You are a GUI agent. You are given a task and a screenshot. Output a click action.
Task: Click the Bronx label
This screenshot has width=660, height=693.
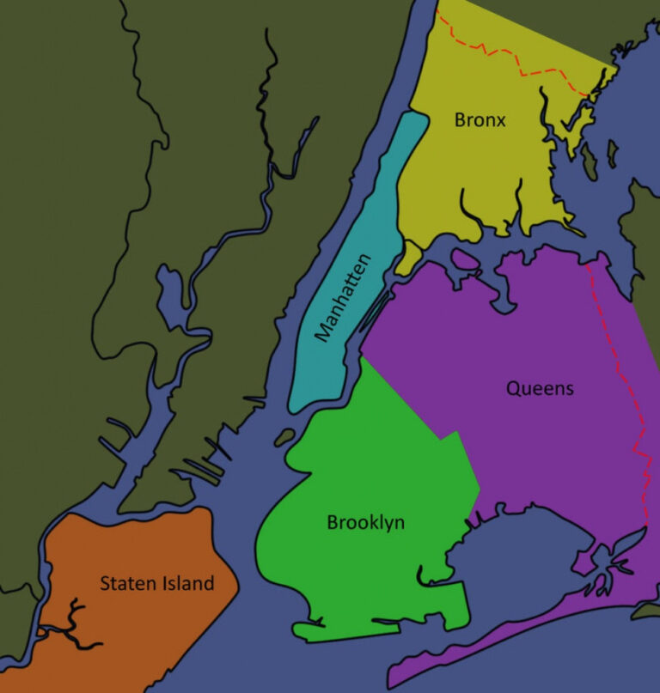pyautogui.click(x=480, y=120)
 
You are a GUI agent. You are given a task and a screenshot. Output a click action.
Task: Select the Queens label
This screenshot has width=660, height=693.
pyautogui.click(x=539, y=388)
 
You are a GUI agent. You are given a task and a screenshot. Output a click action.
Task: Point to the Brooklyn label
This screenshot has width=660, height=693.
pyautogui.click(x=365, y=522)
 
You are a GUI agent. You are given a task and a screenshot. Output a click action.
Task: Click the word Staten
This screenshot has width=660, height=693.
pyautogui.click(x=127, y=584)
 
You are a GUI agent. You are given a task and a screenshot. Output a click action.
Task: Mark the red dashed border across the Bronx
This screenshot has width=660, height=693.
pyautogui.click(x=516, y=60)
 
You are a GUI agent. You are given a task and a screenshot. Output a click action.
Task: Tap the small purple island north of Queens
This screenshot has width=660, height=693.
pyautogui.click(x=465, y=258)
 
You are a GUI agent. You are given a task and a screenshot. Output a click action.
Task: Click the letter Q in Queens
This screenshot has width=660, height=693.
pyautogui.click(x=513, y=388)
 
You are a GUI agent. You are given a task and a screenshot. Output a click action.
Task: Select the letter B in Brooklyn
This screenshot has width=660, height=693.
pyautogui.click(x=333, y=522)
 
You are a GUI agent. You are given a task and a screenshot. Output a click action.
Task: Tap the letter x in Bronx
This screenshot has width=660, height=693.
pyautogui.click(x=501, y=121)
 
